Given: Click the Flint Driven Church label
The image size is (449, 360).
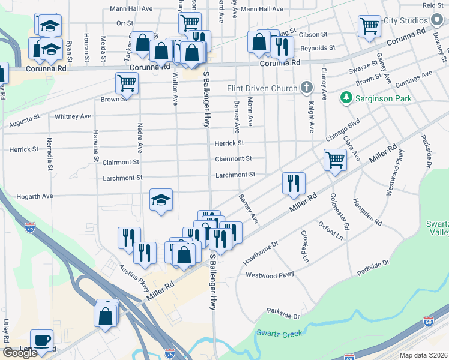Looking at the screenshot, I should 262,88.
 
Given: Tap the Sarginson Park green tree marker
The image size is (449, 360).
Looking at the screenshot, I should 346,97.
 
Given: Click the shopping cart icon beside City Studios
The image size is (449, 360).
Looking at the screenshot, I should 369,26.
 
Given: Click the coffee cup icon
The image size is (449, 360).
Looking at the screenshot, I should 41,340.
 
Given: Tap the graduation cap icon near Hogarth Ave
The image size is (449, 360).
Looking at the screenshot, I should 160,199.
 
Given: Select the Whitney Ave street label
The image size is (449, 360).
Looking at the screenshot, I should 73,116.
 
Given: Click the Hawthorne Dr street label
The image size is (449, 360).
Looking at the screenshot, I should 261,253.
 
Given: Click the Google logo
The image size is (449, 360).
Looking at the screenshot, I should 20,353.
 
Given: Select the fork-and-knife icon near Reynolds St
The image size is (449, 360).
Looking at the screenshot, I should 282,46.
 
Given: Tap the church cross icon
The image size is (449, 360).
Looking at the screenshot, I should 307,88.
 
